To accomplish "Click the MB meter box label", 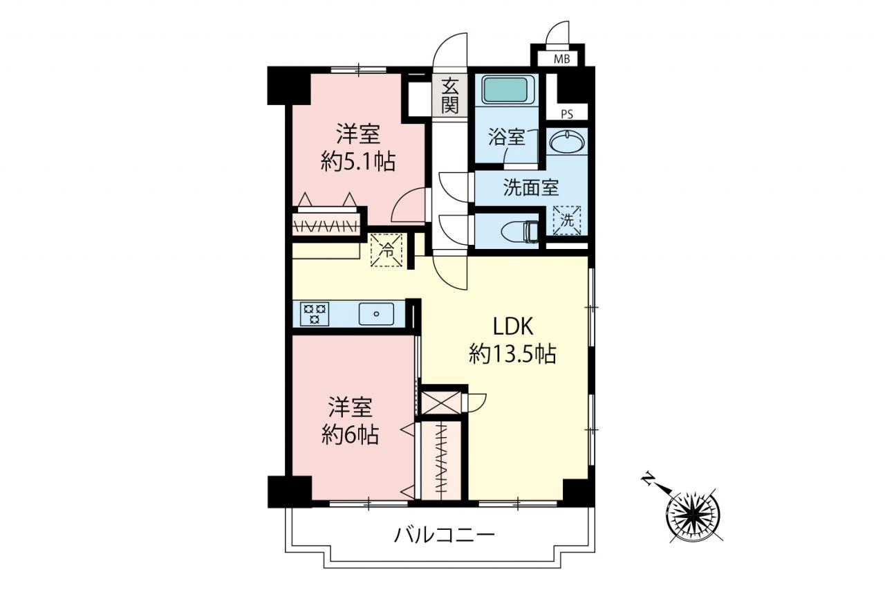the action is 561,59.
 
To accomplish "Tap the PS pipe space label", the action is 567,114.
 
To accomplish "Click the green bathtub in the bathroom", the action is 507,91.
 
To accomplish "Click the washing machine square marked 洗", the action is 567,220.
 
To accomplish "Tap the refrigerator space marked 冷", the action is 386,250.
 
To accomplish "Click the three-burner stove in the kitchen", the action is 315,313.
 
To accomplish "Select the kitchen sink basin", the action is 376,314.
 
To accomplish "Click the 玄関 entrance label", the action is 449,95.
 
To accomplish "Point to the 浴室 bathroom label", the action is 507,137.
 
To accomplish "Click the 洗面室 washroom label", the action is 530,187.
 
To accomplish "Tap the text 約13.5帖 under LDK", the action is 513,354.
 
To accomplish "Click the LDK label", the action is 513,326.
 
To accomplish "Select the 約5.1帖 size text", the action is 358,161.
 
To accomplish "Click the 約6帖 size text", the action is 350,434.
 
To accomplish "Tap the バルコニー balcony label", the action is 444,535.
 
